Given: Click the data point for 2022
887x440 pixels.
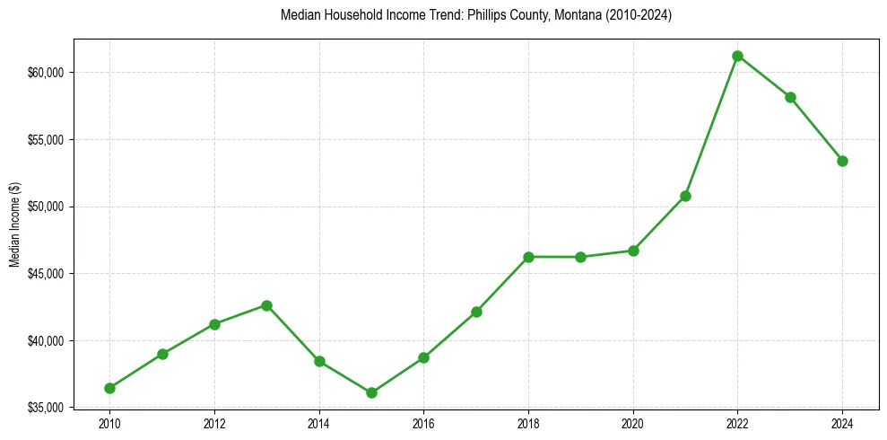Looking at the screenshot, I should [737, 56].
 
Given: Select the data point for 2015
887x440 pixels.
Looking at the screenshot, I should [371, 392].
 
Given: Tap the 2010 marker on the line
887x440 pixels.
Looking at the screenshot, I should [109, 388].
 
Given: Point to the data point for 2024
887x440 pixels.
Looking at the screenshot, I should [842, 161].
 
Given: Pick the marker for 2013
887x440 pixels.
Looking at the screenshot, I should [266, 305].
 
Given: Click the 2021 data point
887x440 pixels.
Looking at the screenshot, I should [685, 196].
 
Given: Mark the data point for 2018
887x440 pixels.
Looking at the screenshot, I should [528, 257].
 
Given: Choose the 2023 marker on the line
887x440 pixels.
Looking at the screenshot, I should [790, 97].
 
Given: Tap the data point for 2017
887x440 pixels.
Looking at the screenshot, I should [476, 312].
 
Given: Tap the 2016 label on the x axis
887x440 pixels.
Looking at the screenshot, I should [423, 423].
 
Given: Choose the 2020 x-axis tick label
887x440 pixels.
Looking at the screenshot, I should [633, 423].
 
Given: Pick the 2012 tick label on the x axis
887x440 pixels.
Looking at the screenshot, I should [213, 423].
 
